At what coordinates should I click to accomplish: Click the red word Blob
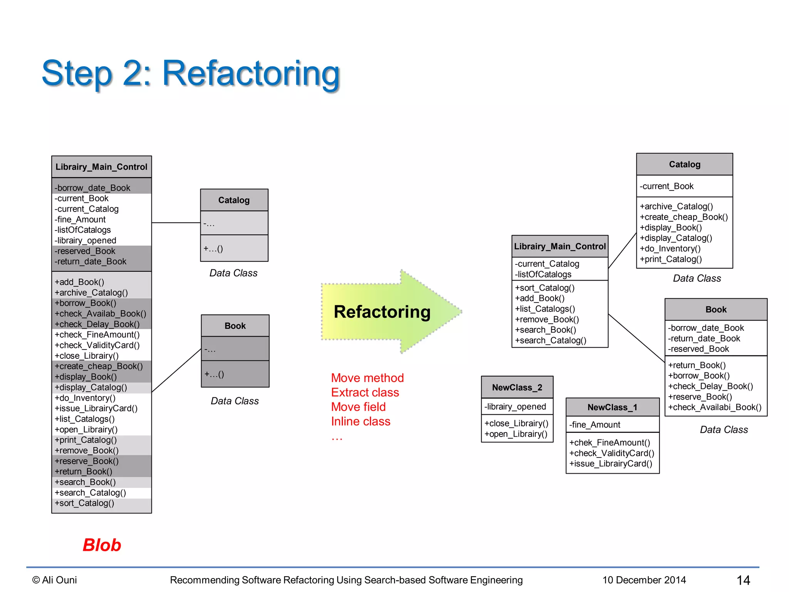102,545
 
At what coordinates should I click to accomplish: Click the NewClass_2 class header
517,387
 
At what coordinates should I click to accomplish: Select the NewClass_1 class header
612,407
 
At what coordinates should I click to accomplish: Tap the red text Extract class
365,392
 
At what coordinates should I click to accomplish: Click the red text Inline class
361,421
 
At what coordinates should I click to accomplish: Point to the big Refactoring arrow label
382,311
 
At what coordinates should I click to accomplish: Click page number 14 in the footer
743,580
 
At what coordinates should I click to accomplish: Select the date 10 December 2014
644,580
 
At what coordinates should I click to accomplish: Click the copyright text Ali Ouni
55,580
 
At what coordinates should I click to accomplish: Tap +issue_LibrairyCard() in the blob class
96,409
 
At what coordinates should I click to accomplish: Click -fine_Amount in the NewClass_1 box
594,425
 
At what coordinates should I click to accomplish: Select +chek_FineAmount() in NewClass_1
609,442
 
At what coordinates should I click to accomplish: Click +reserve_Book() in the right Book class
700,397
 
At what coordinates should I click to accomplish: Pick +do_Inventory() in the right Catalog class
670,249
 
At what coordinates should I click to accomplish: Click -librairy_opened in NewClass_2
515,407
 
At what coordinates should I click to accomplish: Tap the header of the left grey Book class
235,326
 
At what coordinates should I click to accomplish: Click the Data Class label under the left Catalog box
233,273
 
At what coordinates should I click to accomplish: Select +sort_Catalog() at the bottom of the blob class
84,503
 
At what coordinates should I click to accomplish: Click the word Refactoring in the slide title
251,73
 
